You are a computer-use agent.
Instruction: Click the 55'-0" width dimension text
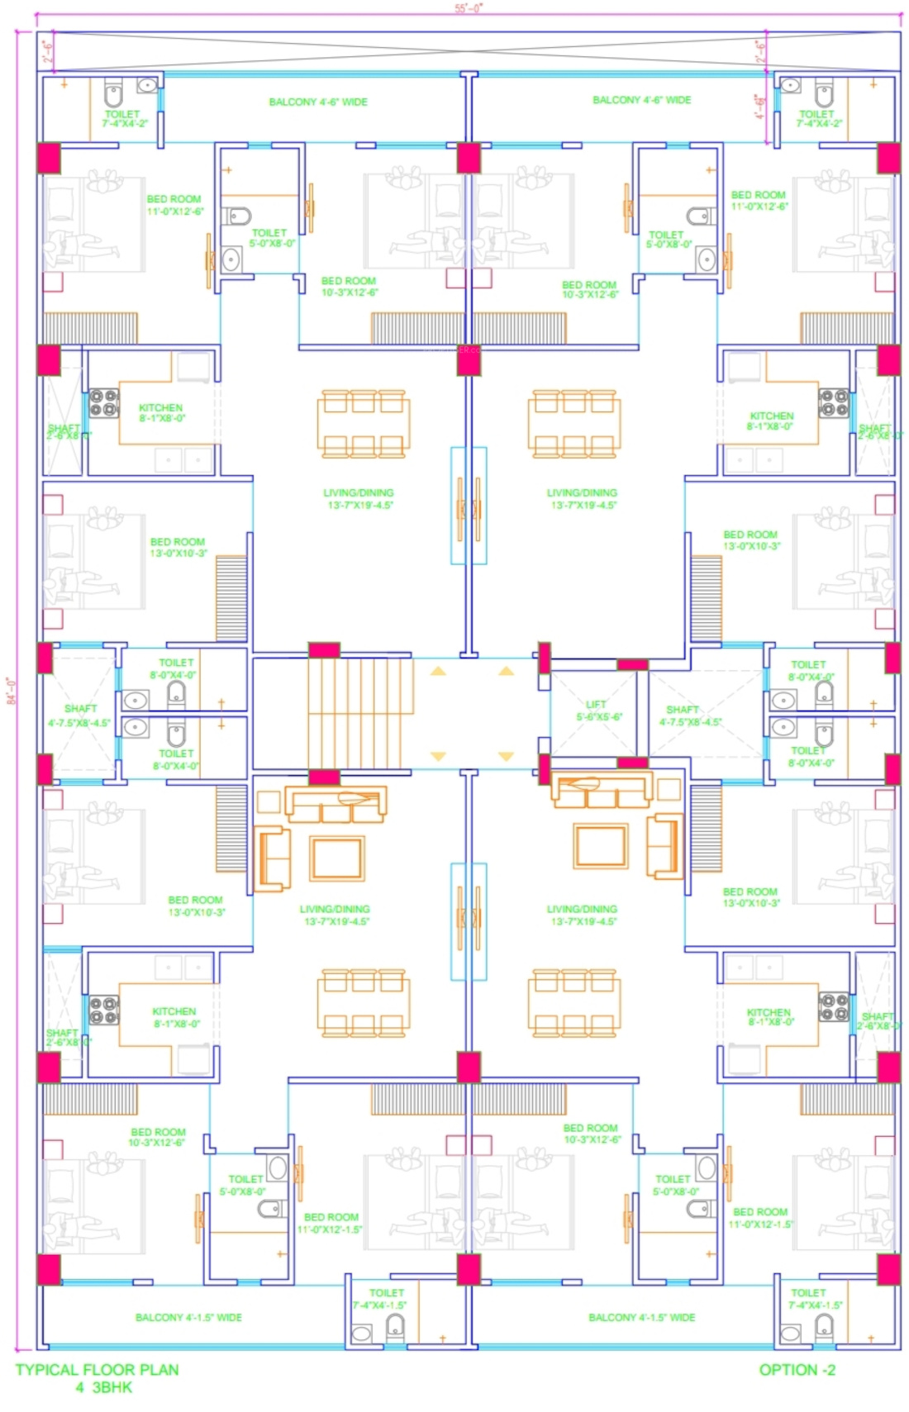point(469,8)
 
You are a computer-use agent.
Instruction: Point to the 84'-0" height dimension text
point(11,690)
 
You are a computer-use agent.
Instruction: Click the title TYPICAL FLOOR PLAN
point(97,1370)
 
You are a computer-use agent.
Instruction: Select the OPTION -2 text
point(797,1370)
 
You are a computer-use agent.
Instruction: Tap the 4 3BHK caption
point(104,1388)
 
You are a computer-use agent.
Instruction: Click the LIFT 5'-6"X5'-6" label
point(596,711)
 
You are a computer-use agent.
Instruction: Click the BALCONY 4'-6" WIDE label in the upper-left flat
point(318,102)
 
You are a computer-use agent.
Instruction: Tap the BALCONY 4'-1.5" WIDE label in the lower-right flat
point(641,1317)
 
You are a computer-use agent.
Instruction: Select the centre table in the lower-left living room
point(336,858)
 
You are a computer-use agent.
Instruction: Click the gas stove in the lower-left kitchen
point(104,1010)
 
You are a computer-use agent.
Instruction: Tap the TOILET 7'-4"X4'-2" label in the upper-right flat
point(818,119)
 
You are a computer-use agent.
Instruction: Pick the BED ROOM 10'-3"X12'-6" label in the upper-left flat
point(349,287)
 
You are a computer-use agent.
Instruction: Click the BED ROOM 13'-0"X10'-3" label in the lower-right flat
point(750,897)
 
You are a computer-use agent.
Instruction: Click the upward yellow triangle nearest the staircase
point(438,671)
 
